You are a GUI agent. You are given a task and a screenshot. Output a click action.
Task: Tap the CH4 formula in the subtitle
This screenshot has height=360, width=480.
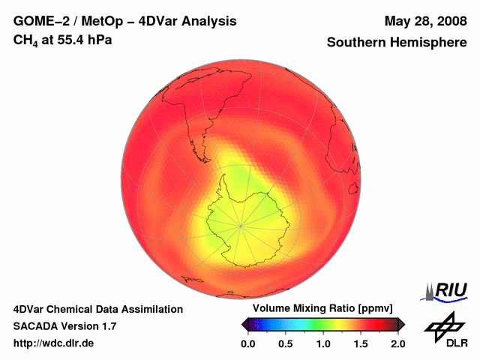26,40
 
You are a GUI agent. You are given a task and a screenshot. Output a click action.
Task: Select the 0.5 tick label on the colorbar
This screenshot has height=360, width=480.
285,344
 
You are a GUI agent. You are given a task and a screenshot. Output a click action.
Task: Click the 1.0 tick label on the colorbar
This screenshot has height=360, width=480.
323,344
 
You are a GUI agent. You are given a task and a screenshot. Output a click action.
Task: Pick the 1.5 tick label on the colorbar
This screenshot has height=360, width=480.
361,344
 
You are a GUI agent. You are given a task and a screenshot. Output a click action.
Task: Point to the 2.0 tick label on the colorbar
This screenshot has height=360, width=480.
398,344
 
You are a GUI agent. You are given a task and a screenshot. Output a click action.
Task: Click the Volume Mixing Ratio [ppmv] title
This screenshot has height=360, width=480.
319,308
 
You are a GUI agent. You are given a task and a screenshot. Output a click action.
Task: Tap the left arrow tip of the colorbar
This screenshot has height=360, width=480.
243,325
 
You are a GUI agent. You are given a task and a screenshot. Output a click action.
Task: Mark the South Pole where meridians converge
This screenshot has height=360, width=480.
241,224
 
